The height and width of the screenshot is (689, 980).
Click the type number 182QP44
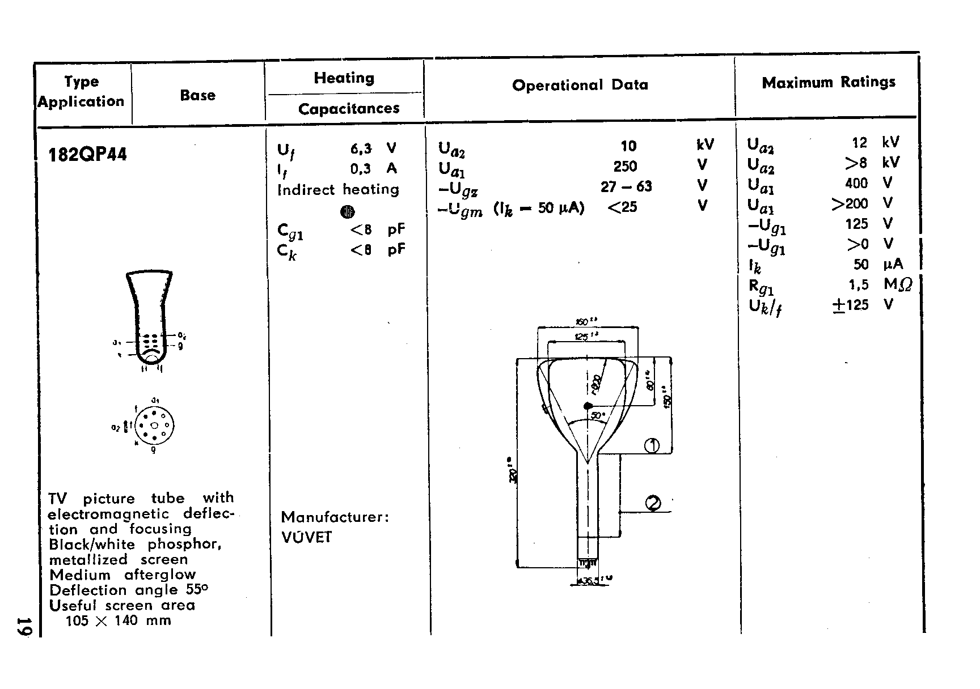(88, 155)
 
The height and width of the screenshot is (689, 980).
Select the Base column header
(197, 95)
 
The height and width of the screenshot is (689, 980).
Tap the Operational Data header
(580, 85)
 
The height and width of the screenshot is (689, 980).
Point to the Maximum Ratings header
(828, 83)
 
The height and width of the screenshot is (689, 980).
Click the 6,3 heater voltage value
(361, 148)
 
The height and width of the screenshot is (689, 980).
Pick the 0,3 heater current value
(361, 169)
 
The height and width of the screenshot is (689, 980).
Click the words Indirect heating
(338, 189)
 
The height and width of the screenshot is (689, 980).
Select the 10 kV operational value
(628, 146)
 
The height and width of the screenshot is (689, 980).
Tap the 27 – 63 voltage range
(626, 186)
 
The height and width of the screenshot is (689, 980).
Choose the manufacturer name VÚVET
(307, 537)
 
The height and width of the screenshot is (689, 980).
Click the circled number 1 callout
(652, 446)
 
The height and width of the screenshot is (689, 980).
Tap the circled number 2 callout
(653, 503)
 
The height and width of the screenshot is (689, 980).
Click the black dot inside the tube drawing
(588, 406)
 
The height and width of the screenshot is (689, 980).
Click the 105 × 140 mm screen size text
(119, 620)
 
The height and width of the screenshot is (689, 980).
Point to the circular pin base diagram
(154, 426)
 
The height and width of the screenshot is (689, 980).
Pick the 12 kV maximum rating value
(860, 143)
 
